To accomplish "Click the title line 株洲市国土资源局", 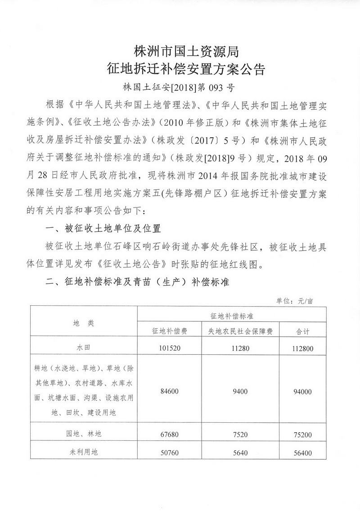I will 183,52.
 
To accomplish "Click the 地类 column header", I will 84,323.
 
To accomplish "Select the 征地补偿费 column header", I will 170,331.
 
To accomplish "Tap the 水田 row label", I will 84,348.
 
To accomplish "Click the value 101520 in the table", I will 170,348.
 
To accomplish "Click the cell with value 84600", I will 170,391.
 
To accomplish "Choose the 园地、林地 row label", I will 84,434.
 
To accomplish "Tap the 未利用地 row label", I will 84,452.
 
